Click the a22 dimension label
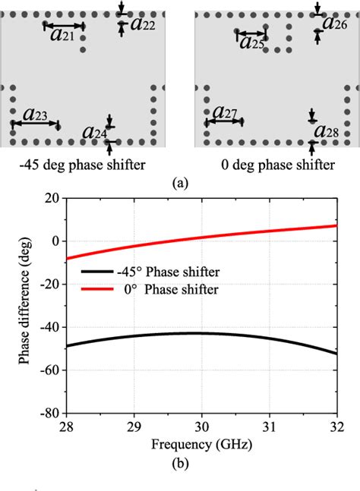click(x=144, y=24)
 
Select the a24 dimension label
click(x=95, y=134)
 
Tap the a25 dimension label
click(x=252, y=42)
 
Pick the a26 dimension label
click(x=335, y=22)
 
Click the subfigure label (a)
click(x=181, y=182)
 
